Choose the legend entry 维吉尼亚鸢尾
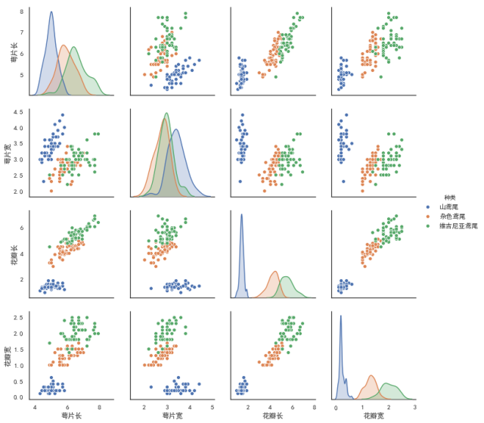pos(454,226)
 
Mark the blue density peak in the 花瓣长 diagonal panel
pos(242,215)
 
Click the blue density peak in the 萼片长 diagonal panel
pos(51,12)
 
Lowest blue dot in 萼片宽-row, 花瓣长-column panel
pos(240,182)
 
